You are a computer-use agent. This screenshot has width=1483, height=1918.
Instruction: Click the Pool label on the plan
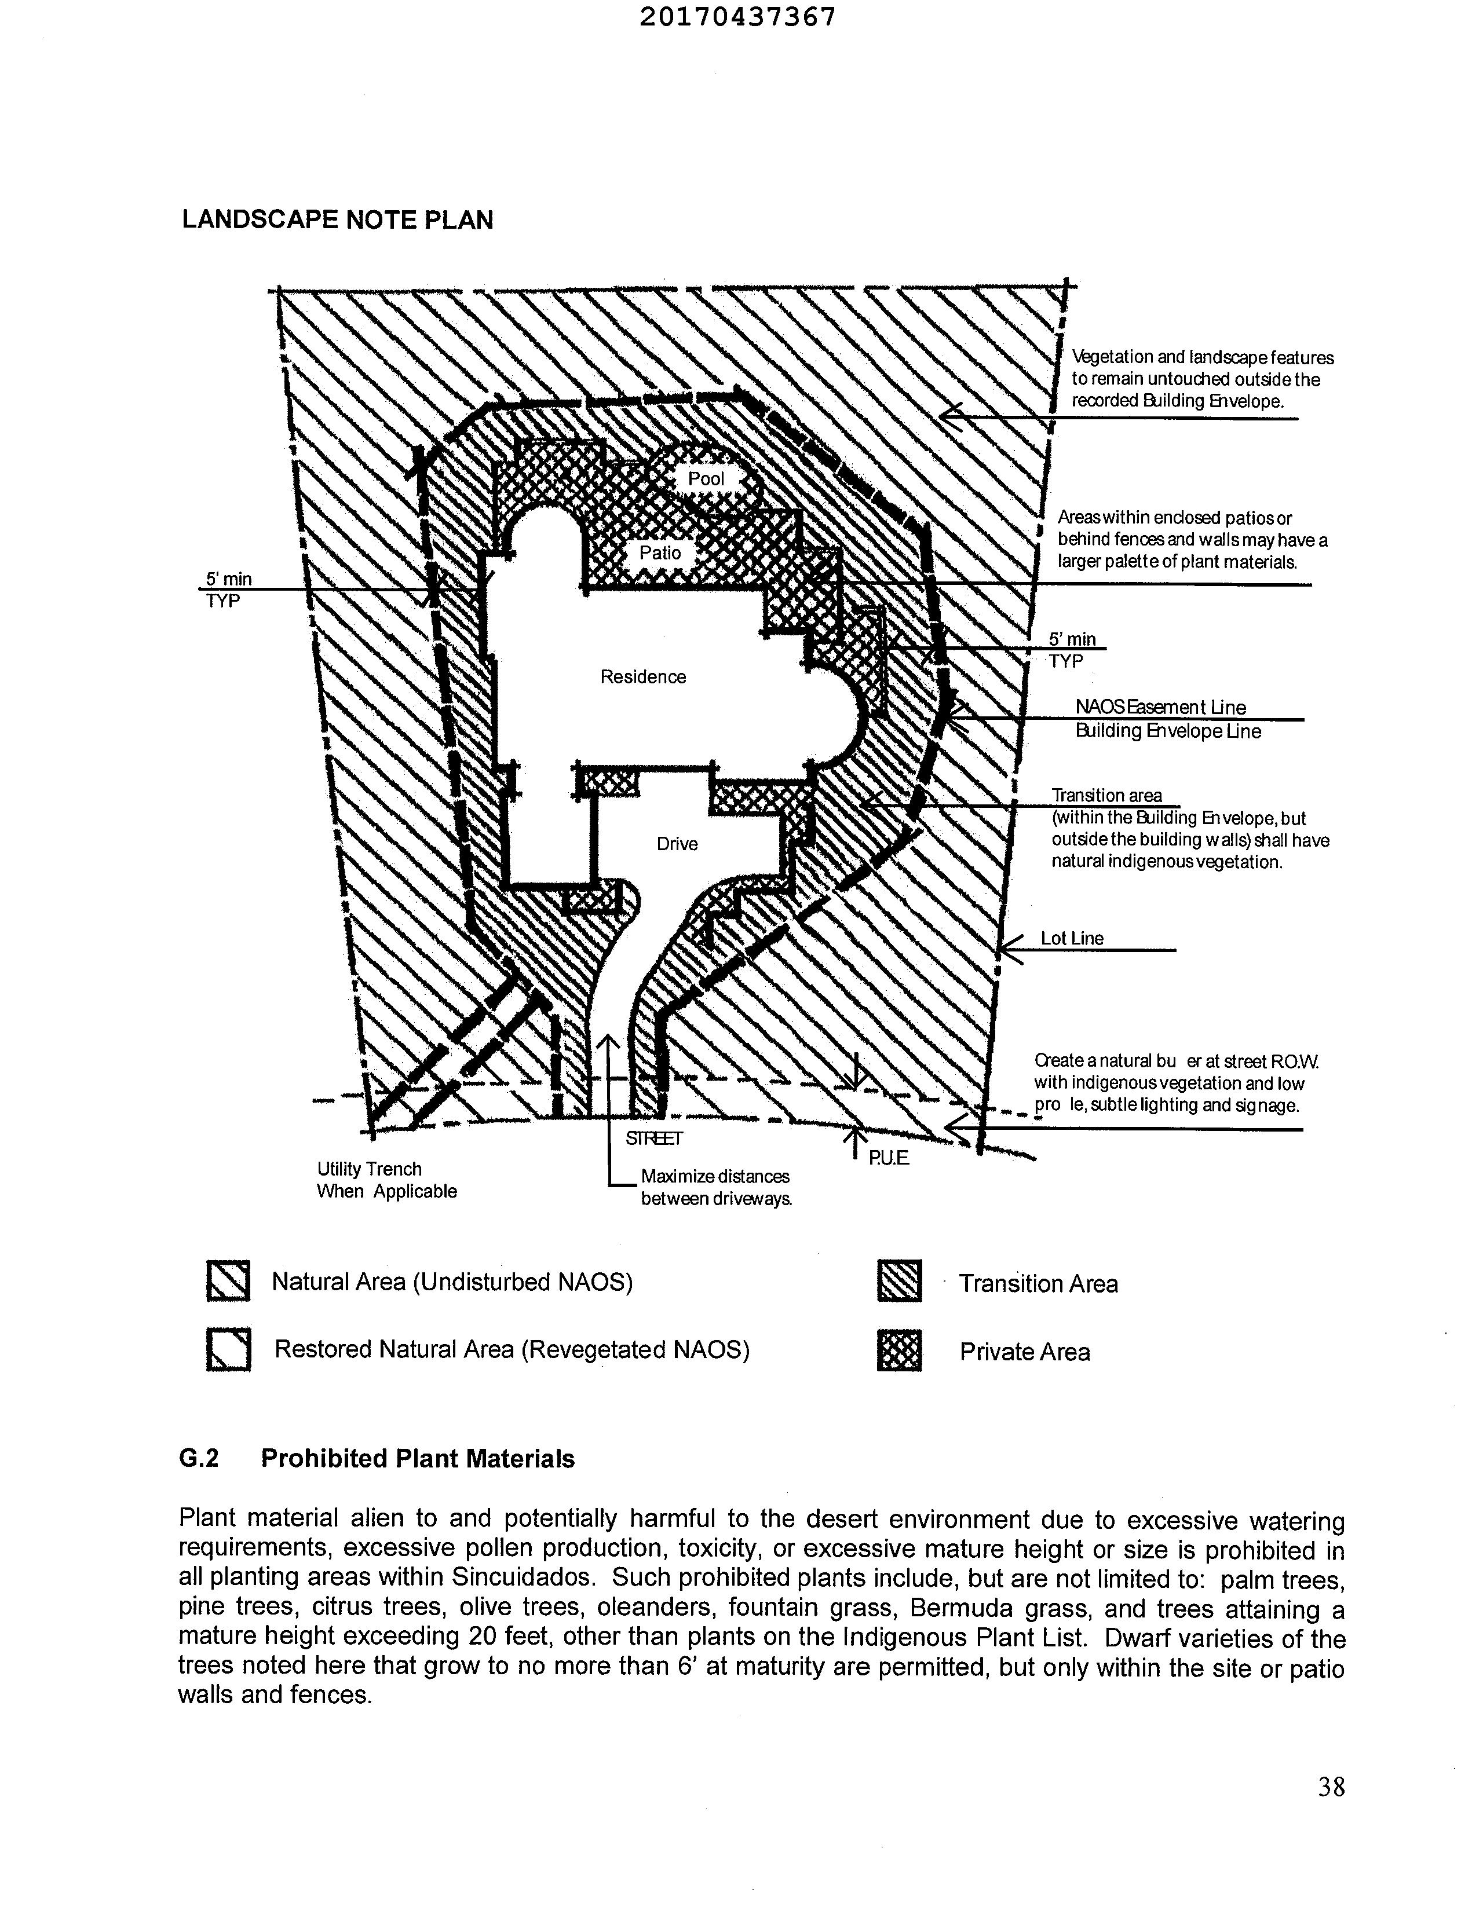click(x=706, y=478)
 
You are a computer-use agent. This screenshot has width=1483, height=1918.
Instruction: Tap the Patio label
click(x=660, y=552)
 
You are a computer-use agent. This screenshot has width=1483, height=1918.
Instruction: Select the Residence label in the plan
click(x=642, y=676)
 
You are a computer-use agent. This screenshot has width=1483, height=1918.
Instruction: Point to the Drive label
click(x=677, y=844)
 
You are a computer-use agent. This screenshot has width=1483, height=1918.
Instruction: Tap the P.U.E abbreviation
click(x=888, y=1158)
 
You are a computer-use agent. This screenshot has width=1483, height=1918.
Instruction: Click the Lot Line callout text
click(x=1072, y=938)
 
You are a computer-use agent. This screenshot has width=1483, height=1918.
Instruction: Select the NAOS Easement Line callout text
click(x=1160, y=707)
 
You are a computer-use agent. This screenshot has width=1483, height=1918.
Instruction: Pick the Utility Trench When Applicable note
click(x=386, y=1180)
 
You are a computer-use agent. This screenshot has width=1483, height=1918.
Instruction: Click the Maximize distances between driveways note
click(x=715, y=1187)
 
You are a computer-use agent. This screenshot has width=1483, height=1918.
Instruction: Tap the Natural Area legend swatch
click(x=228, y=1282)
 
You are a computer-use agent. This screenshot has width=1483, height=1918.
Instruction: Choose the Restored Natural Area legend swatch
click(x=228, y=1350)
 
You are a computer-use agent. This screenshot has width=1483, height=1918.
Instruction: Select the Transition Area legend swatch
click(x=900, y=1282)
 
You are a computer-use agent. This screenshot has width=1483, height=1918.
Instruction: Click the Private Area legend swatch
click(x=900, y=1350)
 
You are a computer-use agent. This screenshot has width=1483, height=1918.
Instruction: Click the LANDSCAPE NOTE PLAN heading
click(x=337, y=219)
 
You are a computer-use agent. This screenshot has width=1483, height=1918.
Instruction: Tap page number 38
click(x=1331, y=1787)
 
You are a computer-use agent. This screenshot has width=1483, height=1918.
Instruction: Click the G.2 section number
click(x=199, y=1459)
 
